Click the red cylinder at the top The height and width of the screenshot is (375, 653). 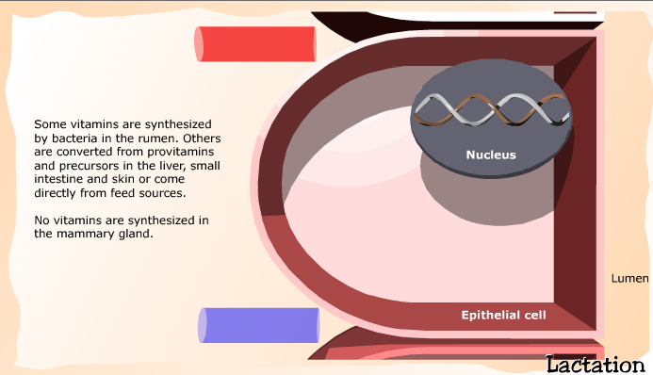(x=254, y=43)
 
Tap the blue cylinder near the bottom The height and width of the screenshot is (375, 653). (x=258, y=325)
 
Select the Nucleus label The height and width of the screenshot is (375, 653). (x=491, y=155)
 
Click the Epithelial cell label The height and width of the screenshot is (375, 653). (x=503, y=315)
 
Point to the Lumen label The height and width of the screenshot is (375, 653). (x=629, y=279)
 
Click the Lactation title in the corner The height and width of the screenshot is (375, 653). (x=596, y=364)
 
